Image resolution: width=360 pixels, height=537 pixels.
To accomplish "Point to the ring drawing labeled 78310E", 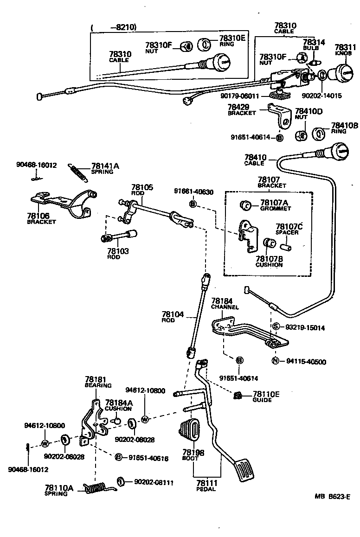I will click(x=205, y=44).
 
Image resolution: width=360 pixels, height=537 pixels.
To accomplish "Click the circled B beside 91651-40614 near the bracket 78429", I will click(x=279, y=137).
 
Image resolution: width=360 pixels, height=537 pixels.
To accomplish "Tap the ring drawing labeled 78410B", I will click(x=319, y=134).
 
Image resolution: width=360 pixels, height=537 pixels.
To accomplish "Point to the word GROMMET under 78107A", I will click(x=276, y=209).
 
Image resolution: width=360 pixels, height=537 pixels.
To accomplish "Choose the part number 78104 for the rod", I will click(x=173, y=314).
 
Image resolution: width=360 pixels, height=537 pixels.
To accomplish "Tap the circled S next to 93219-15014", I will click(x=276, y=327).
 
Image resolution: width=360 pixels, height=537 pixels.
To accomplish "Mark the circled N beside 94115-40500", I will click(x=275, y=362).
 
